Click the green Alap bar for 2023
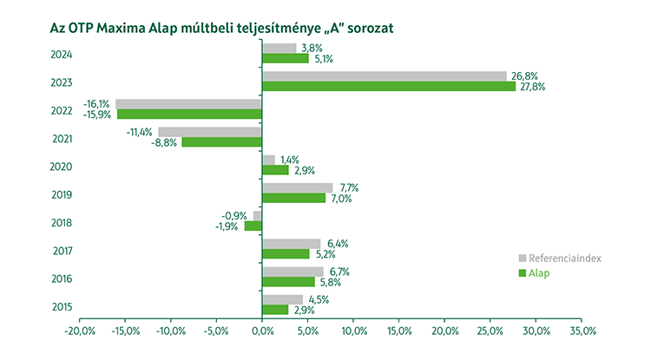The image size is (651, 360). point(388,87)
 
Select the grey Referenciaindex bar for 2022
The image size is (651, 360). point(188,104)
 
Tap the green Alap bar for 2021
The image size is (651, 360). point(221,142)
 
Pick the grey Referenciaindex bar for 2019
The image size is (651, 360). point(297,187)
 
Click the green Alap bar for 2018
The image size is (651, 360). point(253,226)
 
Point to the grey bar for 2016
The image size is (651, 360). point(293,272)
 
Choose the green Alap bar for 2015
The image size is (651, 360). point(275,310)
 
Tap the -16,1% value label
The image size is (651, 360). point(96,103)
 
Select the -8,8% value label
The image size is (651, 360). point(165,143)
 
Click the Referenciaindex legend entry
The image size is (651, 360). point(559,258)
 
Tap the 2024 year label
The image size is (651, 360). point(61,55)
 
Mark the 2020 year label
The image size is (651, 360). point(61,167)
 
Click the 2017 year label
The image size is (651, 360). point(61,252)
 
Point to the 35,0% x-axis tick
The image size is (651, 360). point(582,331)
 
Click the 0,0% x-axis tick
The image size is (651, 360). point(262,331)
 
